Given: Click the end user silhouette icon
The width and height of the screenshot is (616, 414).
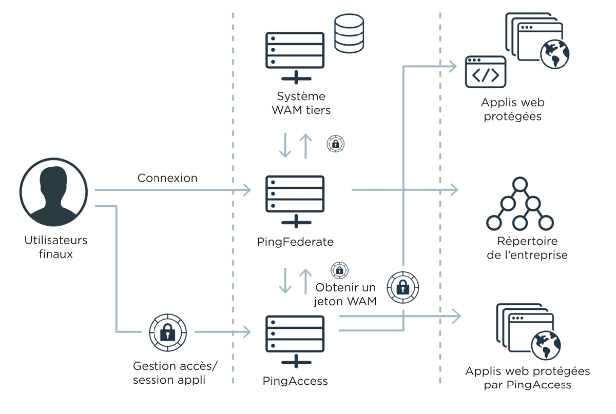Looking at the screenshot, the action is [x=53, y=192].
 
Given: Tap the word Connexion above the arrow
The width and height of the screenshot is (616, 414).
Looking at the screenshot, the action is [x=167, y=178].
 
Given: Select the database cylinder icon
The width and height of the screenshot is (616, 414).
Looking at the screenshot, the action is [x=349, y=33].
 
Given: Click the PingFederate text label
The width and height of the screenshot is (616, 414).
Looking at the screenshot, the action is [x=295, y=242].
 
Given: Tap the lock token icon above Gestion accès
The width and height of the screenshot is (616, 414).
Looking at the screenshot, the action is [x=168, y=332].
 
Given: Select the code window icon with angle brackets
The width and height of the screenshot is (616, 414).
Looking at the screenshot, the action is [x=486, y=72].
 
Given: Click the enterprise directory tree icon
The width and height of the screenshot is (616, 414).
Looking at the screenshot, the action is [x=520, y=204].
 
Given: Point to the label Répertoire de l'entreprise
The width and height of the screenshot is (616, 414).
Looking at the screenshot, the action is [x=527, y=248].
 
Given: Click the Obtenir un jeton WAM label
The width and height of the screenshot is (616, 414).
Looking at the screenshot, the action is [x=345, y=294].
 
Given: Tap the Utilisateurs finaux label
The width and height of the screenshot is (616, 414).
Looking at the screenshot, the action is [x=56, y=247].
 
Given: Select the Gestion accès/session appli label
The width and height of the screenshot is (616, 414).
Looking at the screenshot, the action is [x=175, y=373].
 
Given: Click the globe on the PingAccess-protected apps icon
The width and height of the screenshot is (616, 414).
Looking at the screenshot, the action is [x=546, y=346].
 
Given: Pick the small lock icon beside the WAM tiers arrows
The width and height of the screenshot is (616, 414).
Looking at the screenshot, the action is [x=336, y=144].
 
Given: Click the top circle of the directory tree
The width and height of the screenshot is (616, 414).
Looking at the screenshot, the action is [x=520, y=184].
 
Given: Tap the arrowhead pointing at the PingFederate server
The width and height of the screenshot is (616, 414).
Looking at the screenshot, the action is [x=247, y=190].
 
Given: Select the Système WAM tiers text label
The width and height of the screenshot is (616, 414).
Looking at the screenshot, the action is [x=301, y=103].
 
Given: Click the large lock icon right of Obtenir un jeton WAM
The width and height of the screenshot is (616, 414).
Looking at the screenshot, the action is [x=403, y=288].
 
